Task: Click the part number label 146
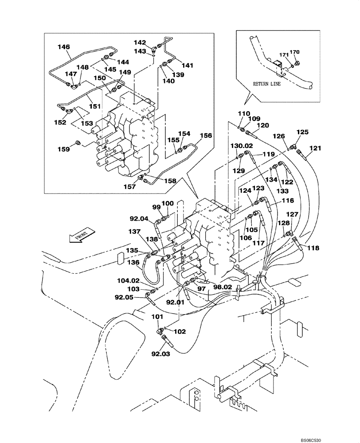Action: tap(64, 46)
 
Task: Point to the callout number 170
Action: tap(294, 52)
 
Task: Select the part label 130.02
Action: tap(241, 145)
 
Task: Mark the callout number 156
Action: tap(206, 136)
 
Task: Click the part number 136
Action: tap(133, 263)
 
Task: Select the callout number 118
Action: tap(313, 249)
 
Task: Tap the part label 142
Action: tap(140, 43)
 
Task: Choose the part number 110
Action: tap(244, 113)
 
